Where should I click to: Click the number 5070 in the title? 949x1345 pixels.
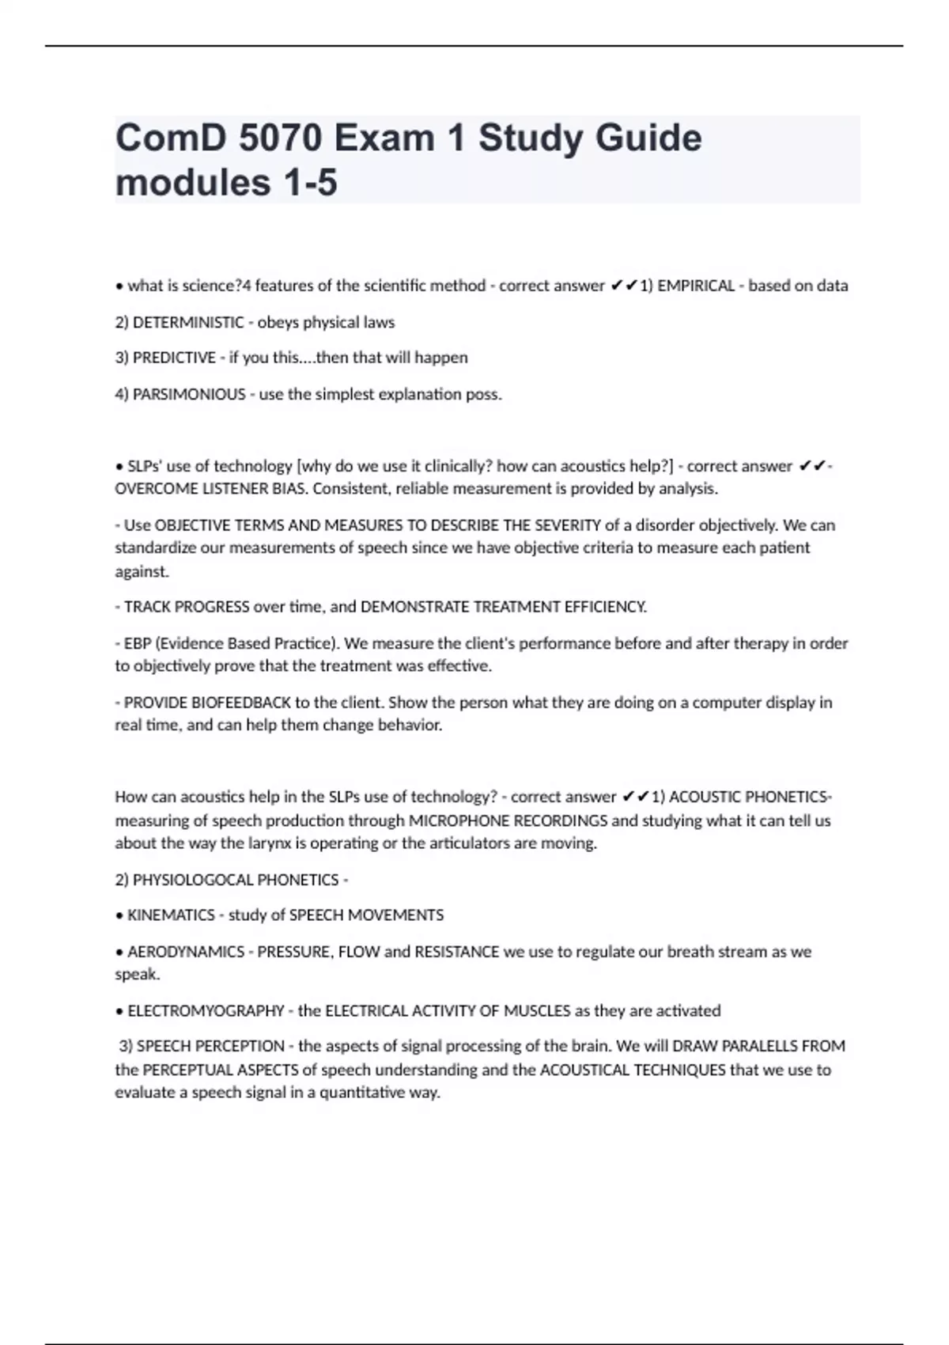point(280,138)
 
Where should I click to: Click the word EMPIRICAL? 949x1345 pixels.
point(696,286)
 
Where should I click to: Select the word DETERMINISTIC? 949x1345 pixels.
point(188,322)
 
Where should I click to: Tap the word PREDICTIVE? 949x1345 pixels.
point(174,358)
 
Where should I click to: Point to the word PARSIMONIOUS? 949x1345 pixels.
point(189,394)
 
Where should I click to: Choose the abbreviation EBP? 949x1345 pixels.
point(138,643)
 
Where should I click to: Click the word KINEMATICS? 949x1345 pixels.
point(171,915)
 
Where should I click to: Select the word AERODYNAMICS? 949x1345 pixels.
point(186,952)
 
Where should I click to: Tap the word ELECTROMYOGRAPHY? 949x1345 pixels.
point(206,1011)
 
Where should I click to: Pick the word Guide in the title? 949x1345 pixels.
point(648,138)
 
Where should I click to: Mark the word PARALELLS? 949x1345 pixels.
point(758,1047)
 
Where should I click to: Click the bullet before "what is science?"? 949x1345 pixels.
point(119,286)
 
